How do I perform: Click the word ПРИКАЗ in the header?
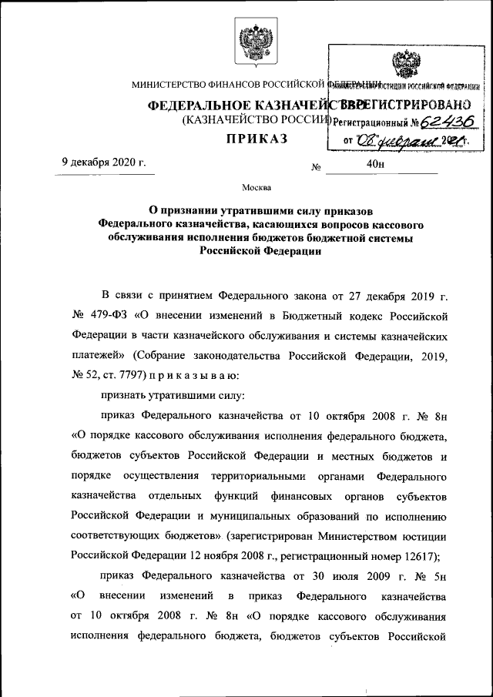click(257, 139)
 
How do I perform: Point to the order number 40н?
click(376, 163)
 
